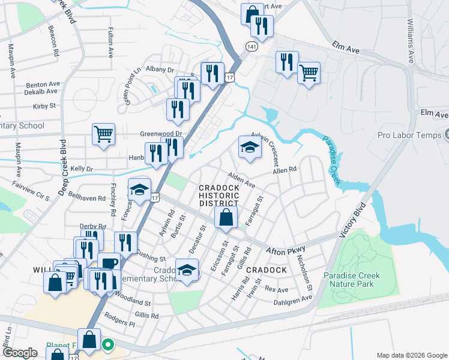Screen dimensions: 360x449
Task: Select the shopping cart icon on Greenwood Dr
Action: [103, 134]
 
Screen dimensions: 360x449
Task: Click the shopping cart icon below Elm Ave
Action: [309, 73]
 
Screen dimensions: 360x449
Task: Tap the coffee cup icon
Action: [108, 264]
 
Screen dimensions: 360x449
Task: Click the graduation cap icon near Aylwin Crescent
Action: [250, 147]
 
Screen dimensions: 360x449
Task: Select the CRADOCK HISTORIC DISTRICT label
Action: [219, 196]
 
